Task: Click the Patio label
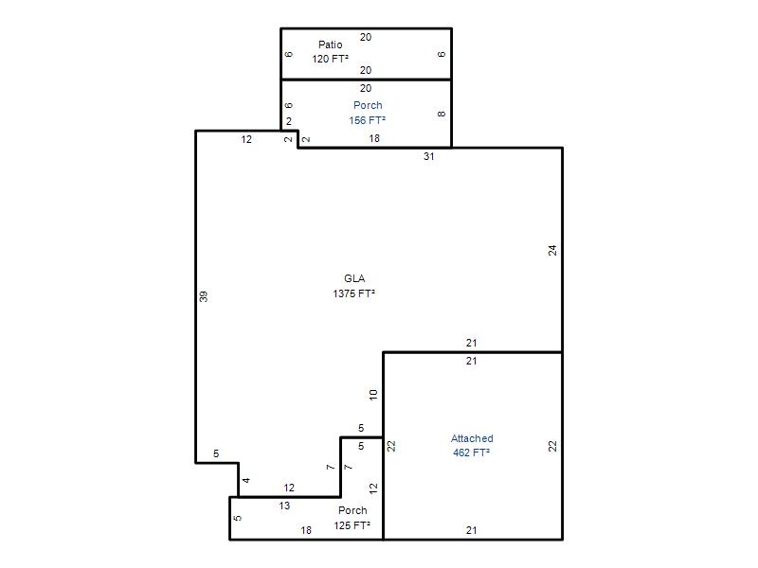coord(330,44)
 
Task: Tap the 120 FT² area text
coord(330,59)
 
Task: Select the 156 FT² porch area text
coord(368,120)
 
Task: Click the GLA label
coord(354,278)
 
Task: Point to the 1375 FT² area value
coord(353,293)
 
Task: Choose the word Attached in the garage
coord(472,438)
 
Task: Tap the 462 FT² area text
coord(471,453)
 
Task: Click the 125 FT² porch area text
coord(352,525)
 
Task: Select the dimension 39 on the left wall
coord(204,296)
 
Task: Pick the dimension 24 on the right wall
coord(552,250)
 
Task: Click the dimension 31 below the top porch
coord(429,156)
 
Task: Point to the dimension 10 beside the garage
coord(373,395)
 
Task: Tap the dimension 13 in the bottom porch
coord(284,506)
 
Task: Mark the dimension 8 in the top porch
coord(442,114)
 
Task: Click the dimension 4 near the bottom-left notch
coord(246,480)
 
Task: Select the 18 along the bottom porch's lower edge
coord(306,530)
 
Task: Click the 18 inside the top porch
coord(374,138)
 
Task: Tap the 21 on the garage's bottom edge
coord(471,530)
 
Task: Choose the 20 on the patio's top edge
coord(366,37)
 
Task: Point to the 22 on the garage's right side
coord(552,446)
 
